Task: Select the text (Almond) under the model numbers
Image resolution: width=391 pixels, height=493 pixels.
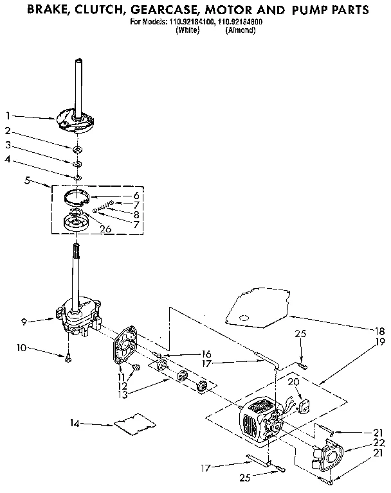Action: click(239, 30)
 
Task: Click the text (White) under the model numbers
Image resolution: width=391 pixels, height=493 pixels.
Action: click(188, 30)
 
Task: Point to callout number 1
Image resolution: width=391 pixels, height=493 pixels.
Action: click(8, 116)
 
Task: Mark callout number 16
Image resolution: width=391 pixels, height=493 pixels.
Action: click(206, 353)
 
